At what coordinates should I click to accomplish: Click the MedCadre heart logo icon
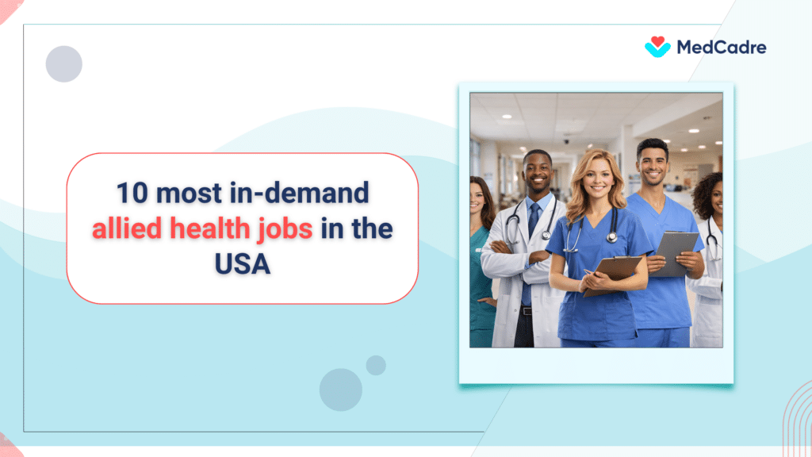657,47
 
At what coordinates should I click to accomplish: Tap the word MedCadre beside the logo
721,48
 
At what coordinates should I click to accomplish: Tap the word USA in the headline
242,264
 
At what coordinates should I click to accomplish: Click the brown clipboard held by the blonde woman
611,275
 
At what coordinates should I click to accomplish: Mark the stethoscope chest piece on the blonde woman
611,237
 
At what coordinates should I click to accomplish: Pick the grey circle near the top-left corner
63,63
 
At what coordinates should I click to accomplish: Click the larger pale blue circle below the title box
341,390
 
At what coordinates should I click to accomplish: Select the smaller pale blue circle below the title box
376,365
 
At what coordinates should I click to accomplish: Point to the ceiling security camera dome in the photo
565,140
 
